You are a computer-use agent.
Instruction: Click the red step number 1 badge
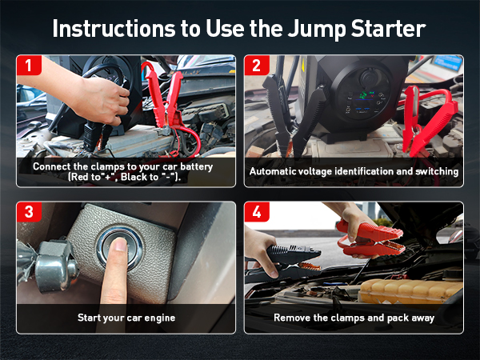coord(29,65)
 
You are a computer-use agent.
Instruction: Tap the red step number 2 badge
coord(257,65)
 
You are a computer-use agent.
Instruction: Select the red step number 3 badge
coord(29,211)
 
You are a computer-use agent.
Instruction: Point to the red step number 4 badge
coord(257,211)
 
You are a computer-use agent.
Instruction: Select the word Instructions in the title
coord(114,29)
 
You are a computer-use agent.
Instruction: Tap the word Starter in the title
coord(389,29)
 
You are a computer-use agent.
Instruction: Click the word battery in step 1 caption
coord(196,167)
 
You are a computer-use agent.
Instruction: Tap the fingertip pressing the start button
coord(120,244)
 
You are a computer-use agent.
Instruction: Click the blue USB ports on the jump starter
coord(362,110)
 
